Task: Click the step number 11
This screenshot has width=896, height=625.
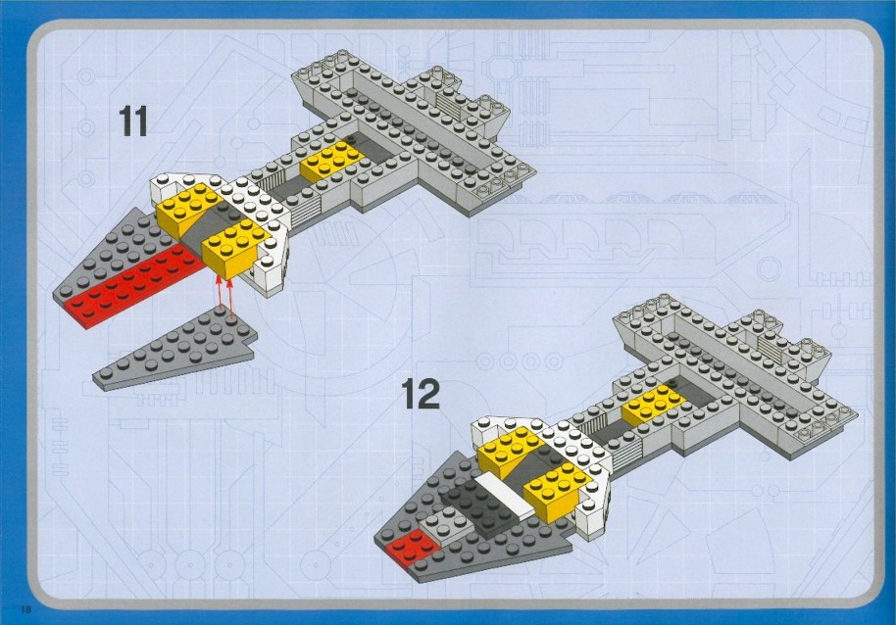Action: pos(132,121)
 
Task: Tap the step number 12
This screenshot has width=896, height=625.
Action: pos(421,394)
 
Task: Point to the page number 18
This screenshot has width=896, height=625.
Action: pos(26,609)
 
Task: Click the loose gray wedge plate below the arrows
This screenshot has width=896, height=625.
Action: pos(174,348)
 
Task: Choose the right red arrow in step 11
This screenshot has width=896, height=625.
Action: pos(230,297)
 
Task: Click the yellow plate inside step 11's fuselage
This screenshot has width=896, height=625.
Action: pos(331,161)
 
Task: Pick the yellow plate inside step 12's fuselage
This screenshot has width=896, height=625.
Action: pos(652,405)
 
